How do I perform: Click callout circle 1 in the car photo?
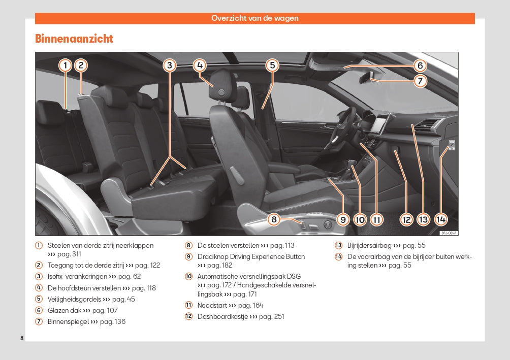(x=65, y=65)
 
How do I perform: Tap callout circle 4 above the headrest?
(x=200, y=65)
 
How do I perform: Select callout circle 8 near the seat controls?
(x=274, y=219)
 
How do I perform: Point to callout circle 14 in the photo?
(x=440, y=219)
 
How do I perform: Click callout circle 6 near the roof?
(x=420, y=66)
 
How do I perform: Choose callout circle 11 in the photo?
(x=376, y=219)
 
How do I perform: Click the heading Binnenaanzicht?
(x=74, y=39)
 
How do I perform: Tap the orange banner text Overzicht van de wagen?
(x=254, y=18)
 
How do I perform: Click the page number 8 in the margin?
(x=22, y=338)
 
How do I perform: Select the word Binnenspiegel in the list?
(x=68, y=321)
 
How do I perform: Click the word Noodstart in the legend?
(x=212, y=305)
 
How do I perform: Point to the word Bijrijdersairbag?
(x=369, y=245)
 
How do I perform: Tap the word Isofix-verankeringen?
(x=77, y=276)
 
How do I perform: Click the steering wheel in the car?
(x=346, y=124)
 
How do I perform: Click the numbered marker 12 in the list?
(x=188, y=316)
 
